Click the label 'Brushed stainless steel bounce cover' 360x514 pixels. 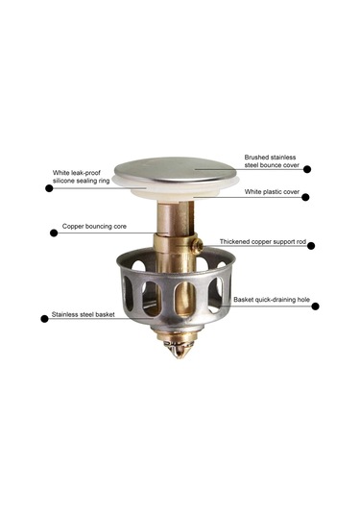(x=272, y=161)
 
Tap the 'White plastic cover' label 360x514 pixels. (x=272, y=192)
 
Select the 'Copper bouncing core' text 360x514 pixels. (x=94, y=226)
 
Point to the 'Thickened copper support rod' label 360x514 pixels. (x=263, y=241)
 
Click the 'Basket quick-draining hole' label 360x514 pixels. (x=272, y=300)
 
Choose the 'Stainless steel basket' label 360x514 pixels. (x=84, y=314)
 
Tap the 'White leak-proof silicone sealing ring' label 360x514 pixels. (x=82, y=177)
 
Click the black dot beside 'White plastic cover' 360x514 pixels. (x=305, y=197)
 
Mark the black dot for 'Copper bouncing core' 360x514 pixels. (x=54, y=233)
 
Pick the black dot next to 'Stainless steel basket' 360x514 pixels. (x=44, y=319)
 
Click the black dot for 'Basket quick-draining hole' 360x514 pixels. (x=315, y=306)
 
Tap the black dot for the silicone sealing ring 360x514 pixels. (x=49, y=188)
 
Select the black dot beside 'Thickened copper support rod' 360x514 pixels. (x=311, y=246)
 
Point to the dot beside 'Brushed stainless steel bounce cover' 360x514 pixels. (x=307, y=169)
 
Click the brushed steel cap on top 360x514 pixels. (x=176, y=169)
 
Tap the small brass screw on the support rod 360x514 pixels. (x=198, y=246)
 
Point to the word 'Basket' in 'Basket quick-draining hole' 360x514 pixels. (x=243, y=300)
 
